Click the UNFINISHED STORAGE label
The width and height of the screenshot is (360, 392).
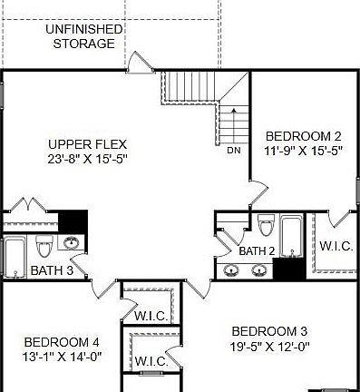(83, 35)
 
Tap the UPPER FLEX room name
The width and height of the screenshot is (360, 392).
(87, 144)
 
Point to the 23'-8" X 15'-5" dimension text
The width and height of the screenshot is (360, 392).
(87, 160)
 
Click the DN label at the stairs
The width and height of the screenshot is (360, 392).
(234, 151)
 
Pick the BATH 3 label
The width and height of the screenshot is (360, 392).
(52, 270)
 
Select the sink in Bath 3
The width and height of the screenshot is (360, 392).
(71, 243)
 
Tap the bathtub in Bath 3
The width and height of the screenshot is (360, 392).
(15, 257)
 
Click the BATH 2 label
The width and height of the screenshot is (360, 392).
(257, 251)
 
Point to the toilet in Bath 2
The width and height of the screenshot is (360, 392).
(265, 224)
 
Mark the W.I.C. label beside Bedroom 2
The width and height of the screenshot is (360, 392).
(336, 246)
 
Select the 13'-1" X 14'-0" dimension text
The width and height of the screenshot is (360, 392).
(62, 357)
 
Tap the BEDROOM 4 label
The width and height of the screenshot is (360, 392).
(62, 341)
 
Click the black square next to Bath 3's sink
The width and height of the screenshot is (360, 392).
(72, 220)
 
